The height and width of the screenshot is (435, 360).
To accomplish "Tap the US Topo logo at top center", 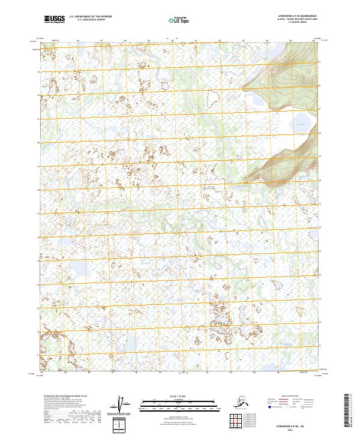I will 181,19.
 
